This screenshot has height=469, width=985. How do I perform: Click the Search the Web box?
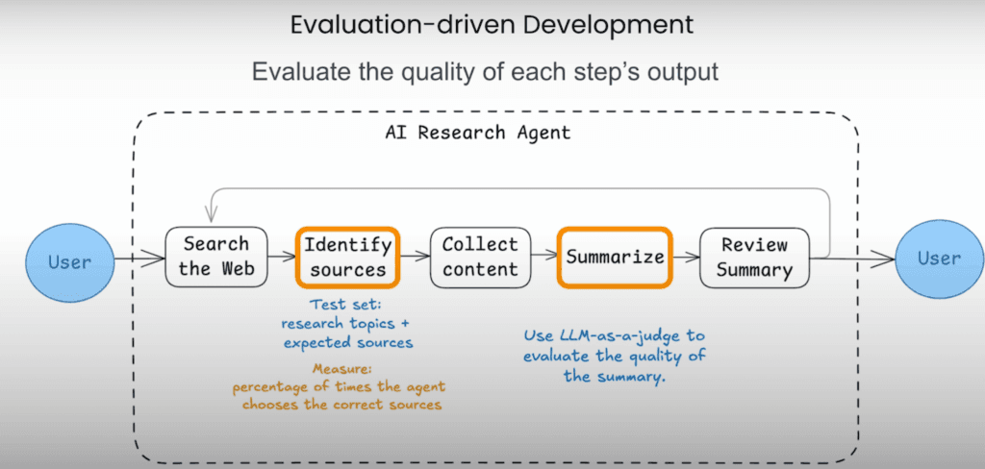pyautogui.click(x=216, y=257)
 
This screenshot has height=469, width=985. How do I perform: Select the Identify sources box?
pyautogui.click(x=348, y=257)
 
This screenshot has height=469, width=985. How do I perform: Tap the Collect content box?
pyautogui.click(x=480, y=257)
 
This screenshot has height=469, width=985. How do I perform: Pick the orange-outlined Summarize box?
pyautogui.click(x=615, y=257)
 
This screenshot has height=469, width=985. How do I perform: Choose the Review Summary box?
pyautogui.click(x=754, y=257)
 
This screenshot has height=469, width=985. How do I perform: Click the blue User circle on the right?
pyautogui.click(x=939, y=258)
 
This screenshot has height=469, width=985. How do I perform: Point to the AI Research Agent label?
pyautogui.click(x=477, y=133)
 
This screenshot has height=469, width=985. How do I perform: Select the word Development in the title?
pyautogui.click(x=596, y=26)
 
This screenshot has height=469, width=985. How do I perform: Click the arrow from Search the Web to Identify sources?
pyautogui.click(x=282, y=257)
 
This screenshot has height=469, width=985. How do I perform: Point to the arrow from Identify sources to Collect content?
pyautogui.click(x=416, y=257)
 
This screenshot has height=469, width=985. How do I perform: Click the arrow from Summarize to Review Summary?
pyautogui.click(x=686, y=257)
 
